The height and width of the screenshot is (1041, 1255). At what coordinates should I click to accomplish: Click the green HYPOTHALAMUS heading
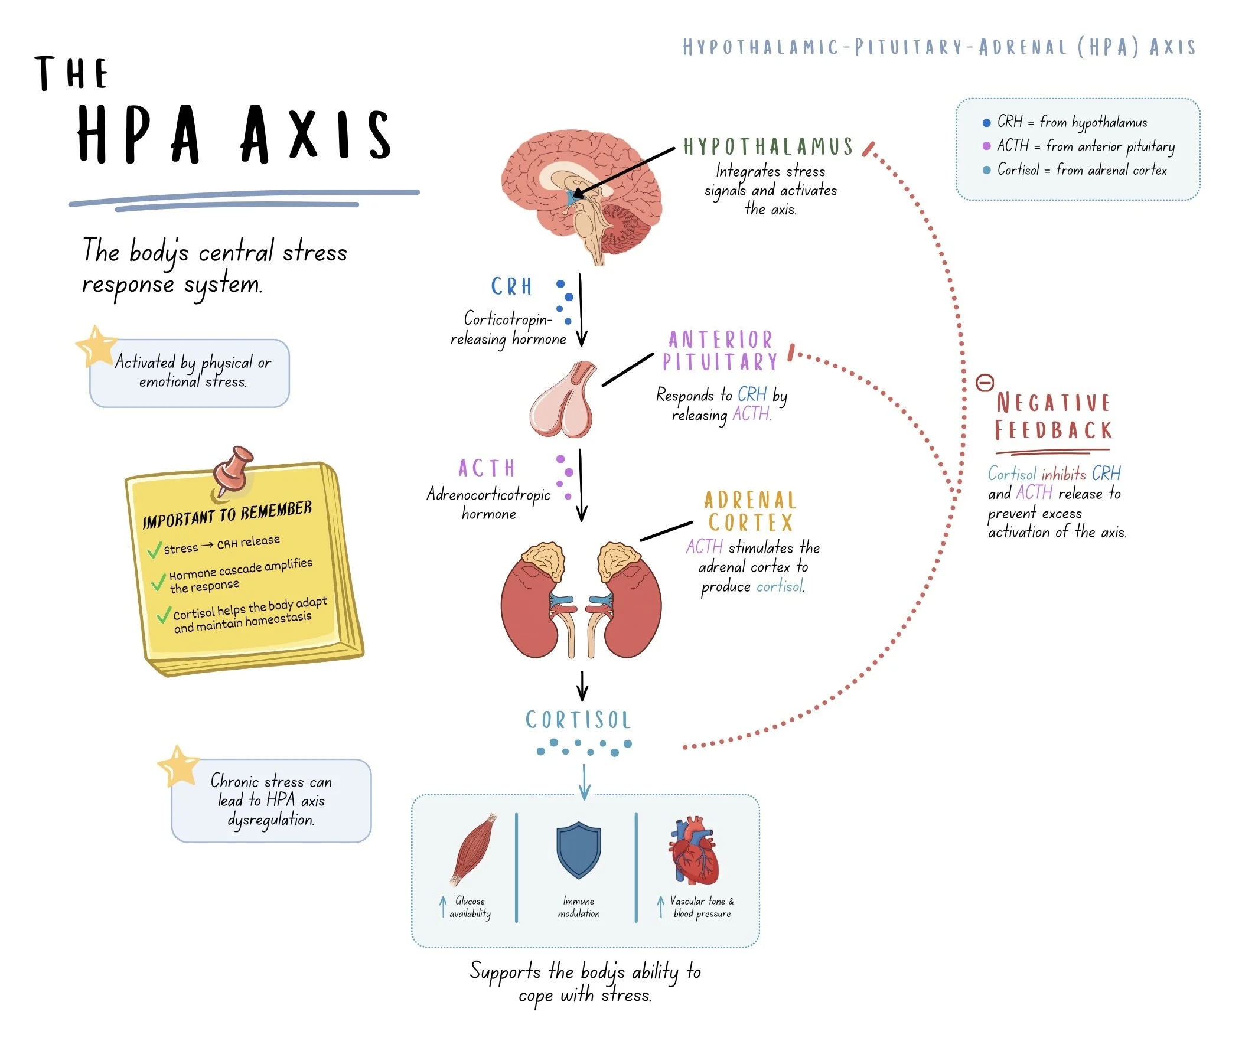(768, 146)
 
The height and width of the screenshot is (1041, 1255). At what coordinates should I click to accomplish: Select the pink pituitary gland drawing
(562, 399)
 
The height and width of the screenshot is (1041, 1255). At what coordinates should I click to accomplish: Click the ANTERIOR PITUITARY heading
(720, 351)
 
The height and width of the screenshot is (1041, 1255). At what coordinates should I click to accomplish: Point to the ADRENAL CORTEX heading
(751, 511)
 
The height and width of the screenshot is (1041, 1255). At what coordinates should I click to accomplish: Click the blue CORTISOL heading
(579, 720)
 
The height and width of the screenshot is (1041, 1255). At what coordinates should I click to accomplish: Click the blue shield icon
(579, 849)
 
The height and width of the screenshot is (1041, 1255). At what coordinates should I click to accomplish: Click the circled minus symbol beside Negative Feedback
(985, 383)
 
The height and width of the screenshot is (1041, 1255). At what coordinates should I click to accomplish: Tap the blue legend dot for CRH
(987, 123)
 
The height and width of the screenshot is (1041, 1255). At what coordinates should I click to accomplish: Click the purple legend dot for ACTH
(987, 146)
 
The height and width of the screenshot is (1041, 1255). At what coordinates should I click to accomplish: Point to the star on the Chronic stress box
(178, 766)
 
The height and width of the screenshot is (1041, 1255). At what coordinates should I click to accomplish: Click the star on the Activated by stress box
(96, 345)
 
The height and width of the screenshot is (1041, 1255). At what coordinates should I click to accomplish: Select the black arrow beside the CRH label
(581, 311)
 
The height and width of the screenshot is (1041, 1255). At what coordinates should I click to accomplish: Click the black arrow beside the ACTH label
(581, 485)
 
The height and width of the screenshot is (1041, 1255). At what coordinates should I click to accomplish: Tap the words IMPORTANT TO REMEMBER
(227, 514)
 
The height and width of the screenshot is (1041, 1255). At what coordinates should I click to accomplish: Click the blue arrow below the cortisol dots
(585, 782)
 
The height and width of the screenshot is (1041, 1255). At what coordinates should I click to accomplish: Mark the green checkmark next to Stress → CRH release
(154, 549)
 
